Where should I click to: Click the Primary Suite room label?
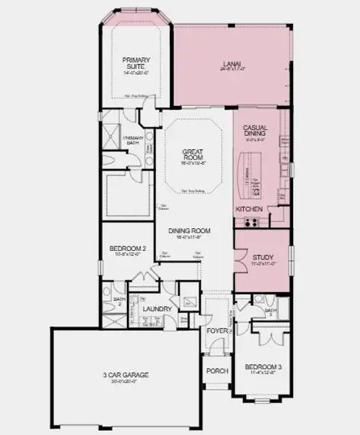[x=135, y=63]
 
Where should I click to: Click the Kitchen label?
[x=248, y=210]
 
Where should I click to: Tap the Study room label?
[x=263, y=257]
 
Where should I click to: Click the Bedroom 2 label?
[x=128, y=249]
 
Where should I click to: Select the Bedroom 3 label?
[x=263, y=367]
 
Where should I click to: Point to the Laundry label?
[x=157, y=310]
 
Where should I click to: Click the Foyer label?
[x=216, y=331]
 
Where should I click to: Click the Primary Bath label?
[x=134, y=140]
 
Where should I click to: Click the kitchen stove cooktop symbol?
[x=254, y=222]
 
